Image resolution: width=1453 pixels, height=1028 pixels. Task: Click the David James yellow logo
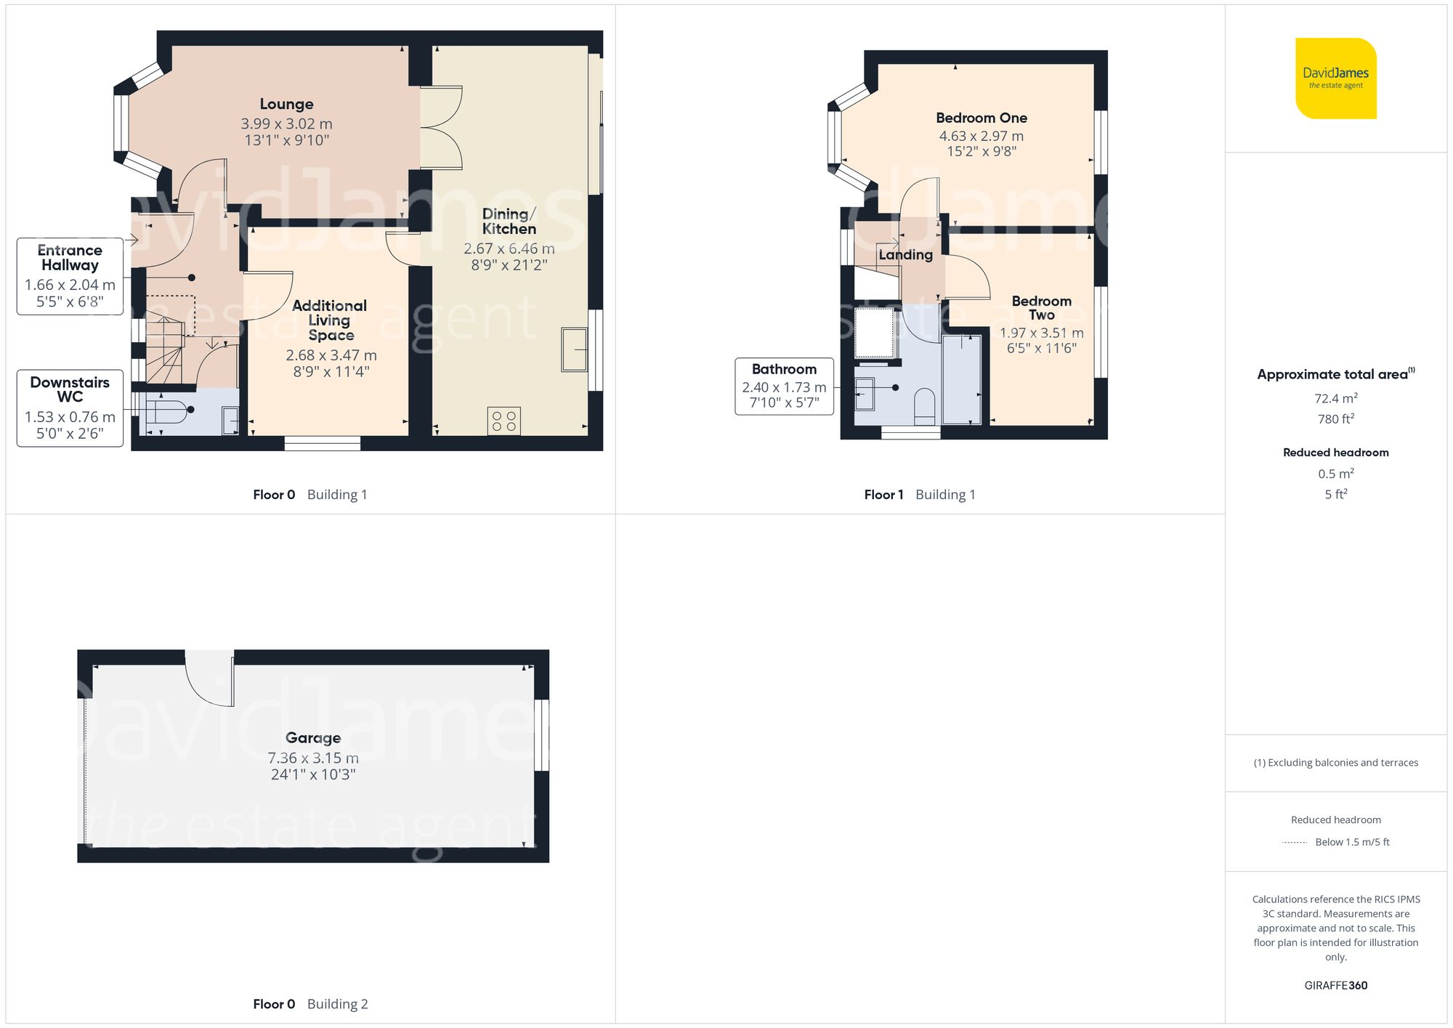point(1335,78)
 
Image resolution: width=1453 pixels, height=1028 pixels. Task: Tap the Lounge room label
point(286,104)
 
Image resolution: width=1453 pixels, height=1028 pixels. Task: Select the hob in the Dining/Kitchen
point(503,421)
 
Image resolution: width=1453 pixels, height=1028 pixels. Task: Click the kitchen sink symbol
point(574,349)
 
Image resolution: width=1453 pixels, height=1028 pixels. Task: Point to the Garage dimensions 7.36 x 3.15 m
point(312,758)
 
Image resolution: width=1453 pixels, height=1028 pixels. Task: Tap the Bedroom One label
point(981,118)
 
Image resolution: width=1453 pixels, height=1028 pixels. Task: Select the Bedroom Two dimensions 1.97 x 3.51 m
point(1041,333)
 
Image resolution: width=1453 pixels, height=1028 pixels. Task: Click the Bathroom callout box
point(784,386)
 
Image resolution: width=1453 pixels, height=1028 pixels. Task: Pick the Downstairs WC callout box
point(70,408)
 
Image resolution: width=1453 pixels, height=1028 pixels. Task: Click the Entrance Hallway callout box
point(70,276)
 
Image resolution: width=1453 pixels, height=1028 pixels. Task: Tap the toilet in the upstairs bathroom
point(924,406)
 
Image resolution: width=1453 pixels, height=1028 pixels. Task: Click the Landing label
point(905,255)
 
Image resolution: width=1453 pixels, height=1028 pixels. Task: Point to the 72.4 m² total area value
point(1335,398)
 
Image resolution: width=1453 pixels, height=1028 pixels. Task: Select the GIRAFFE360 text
point(1335,985)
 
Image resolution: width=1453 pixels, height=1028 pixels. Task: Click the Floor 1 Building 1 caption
point(919,495)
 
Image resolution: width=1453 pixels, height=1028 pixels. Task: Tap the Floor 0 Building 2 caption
point(310,1004)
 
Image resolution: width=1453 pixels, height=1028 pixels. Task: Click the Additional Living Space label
point(330,320)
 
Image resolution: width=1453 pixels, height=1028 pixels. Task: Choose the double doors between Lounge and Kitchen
point(441,128)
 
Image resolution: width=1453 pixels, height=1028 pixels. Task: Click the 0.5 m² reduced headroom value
point(1335,474)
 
